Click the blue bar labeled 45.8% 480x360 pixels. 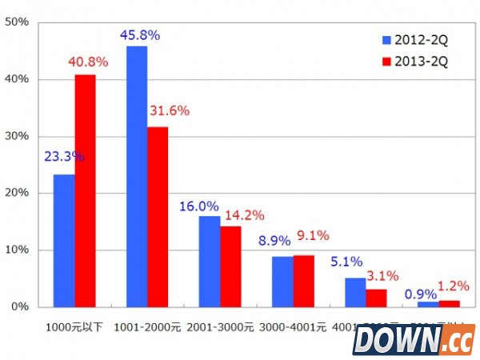137,176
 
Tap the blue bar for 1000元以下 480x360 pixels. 64,240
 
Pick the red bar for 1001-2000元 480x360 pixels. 158,217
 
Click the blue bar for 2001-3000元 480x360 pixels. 210,261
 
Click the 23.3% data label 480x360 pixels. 63,157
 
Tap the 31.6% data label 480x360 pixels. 169,110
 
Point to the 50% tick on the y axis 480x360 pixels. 17,22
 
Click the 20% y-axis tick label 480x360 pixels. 17,194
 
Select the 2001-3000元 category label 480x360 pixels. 219,327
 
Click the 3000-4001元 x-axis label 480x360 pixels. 293,327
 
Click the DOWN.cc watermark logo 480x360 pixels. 412,339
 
